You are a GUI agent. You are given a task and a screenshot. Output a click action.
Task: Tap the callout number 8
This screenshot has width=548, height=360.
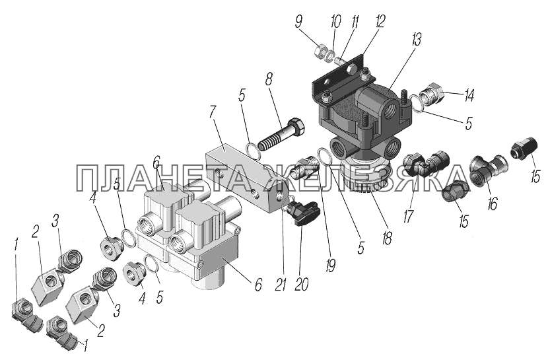point(268,80)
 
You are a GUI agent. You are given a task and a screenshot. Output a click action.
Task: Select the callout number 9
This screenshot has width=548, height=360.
point(298,22)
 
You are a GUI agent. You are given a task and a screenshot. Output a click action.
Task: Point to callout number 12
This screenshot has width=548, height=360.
point(380,21)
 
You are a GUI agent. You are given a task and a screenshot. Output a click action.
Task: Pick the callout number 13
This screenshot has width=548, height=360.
point(417,39)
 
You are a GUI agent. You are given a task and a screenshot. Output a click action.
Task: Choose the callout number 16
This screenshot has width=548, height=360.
point(492,203)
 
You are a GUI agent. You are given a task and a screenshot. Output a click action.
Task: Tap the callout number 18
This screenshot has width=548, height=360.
point(387,238)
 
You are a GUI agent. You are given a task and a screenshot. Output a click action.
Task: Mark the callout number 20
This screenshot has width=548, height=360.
point(301,285)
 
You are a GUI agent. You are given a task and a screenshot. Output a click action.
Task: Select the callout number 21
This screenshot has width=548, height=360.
point(281,285)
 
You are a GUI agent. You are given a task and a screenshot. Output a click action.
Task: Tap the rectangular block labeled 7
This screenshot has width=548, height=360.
point(246,178)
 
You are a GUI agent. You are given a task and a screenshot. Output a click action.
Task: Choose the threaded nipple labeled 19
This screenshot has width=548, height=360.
point(304,167)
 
